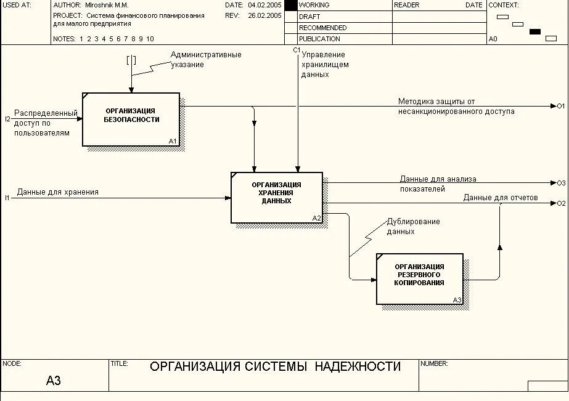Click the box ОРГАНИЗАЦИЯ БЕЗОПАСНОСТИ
(x=131, y=119)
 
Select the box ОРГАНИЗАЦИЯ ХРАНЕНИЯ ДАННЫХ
(x=277, y=197)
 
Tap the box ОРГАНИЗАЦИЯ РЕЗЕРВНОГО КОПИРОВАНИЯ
(x=419, y=278)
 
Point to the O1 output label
(x=561, y=106)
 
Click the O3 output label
(x=561, y=183)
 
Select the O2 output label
(x=561, y=203)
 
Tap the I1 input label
(x=7, y=198)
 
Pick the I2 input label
(x=7, y=119)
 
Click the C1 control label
(x=297, y=50)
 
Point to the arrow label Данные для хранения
(x=58, y=192)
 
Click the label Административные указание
(x=206, y=60)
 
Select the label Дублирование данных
(x=413, y=227)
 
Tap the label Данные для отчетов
(x=501, y=198)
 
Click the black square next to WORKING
(x=290, y=5)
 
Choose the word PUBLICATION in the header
(x=319, y=39)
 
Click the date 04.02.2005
(x=264, y=5)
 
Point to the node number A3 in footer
(x=54, y=381)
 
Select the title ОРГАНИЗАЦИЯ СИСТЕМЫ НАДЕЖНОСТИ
(x=275, y=367)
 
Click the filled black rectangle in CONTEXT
(x=535, y=31)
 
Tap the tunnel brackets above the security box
(x=131, y=60)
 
